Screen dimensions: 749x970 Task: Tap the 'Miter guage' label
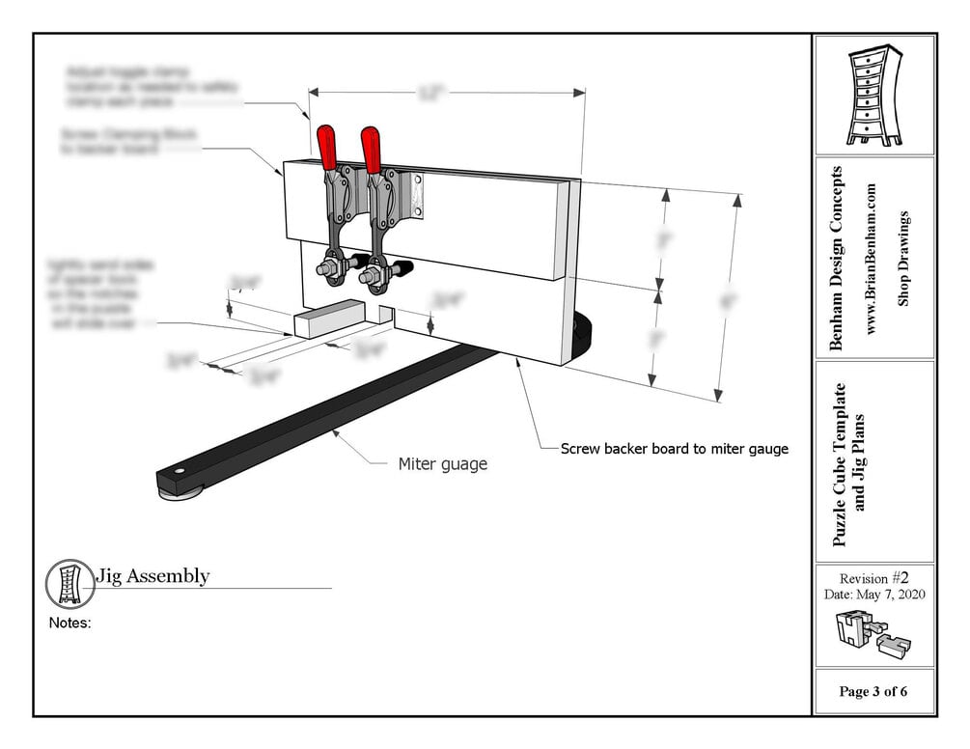[x=443, y=464]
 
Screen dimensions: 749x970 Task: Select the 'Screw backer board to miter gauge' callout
[x=675, y=449]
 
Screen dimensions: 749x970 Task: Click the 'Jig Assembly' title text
[x=152, y=576]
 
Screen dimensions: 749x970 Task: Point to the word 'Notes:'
[x=69, y=624]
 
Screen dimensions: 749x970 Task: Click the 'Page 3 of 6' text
[x=873, y=692]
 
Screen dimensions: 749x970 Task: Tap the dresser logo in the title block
[x=873, y=97]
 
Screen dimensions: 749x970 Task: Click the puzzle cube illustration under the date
[x=873, y=633]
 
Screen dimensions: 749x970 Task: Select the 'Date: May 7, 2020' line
[x=873, y=595]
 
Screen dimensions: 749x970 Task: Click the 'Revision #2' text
[x=873, y=577]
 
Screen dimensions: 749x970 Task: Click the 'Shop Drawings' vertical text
[x=904, y=259]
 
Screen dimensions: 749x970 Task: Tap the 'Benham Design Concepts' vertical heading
[x=837, y=259]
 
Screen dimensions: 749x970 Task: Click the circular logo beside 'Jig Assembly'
[x=69, y=583]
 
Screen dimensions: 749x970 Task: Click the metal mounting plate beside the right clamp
[x=416, y=193]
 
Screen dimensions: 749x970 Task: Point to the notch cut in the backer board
[x=386, y=314]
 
